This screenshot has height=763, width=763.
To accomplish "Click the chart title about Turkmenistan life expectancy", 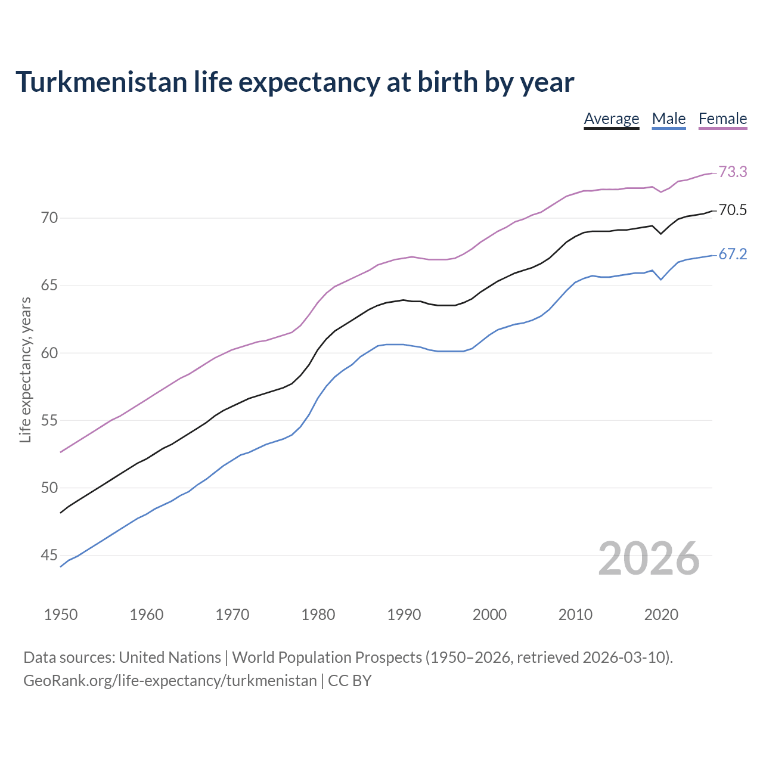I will click(294, 82).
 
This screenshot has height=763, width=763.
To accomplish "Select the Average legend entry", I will click(611, 119).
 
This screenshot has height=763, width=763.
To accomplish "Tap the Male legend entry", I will click(669, 119).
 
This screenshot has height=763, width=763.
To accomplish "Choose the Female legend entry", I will click(722, 119).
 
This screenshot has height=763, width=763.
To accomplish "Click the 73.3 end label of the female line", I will click(733, 172).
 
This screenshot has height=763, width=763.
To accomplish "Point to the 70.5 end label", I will click(733, 210).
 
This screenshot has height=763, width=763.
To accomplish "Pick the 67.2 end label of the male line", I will click(733, 254).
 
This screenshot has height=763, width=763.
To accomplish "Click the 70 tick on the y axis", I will click(49, 218).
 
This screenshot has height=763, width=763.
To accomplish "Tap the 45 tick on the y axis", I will click(49, 556).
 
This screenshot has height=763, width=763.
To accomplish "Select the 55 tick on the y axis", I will click(49, 421).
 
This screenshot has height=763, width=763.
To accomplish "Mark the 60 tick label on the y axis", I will click(49, 353).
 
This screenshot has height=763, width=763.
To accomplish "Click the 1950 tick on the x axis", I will click(61, 615).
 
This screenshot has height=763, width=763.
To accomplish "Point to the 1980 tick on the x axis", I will click(318, 615).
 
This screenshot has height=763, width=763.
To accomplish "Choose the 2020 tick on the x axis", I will click(661, 615).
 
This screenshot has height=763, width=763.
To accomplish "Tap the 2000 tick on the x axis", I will click(489, 615).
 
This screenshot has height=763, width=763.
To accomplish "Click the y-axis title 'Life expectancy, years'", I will click(26, 370).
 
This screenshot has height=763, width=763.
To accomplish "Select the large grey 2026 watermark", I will click(649, 559).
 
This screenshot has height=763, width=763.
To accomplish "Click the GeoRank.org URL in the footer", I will click(170, 681).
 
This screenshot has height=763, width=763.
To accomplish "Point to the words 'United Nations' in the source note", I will click(170, 657).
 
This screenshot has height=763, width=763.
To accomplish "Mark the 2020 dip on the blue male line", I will click(661, 279).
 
